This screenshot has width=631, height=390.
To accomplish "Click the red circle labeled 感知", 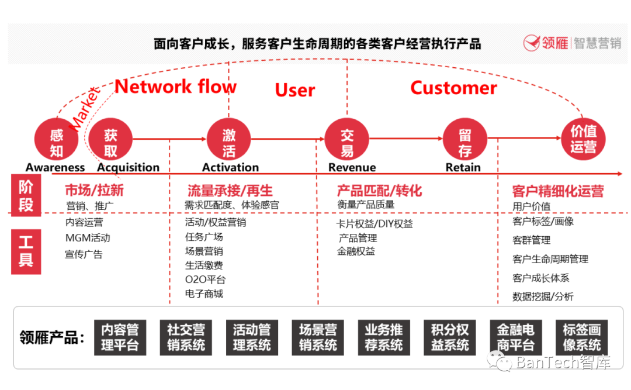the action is click(x=56, y=139).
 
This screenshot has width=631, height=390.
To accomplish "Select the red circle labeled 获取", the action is click(x=110, y=139).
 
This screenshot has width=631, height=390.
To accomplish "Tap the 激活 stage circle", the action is click(x=228, y=139).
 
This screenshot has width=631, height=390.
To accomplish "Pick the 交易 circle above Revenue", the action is click(x=347, y=139).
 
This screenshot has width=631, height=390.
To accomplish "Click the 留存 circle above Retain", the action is click(x=465, y=139).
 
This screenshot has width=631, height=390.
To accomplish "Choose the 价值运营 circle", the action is click(x=583, y=139).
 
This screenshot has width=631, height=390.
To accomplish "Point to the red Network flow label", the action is click(x=176, y=87).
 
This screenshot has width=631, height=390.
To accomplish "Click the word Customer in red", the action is click(x=453, y=88).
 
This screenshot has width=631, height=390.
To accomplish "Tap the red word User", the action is click(x=295, y=90).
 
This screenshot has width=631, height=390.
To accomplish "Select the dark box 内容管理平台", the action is click(x=120, y=337).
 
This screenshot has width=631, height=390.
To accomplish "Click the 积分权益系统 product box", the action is click(x=449, y=337).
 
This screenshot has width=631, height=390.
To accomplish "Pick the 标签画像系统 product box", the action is click(x=581, y=337).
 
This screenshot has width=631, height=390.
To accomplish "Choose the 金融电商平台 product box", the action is click(x=515, y=337).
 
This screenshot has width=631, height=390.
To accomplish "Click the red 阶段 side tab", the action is click(x=26, y=195).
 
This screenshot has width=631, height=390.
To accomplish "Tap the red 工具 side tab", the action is click(x=26, y=252).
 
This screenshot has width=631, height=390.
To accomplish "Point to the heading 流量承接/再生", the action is click(x=230, y=191).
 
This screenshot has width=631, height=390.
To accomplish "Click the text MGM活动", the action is click(x=88, y=238).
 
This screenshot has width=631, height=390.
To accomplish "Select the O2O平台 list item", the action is click(x=205, y=279).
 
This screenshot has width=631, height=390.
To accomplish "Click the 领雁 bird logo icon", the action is click(x=532, y=43).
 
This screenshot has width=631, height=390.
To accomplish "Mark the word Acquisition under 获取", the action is click(x=129, y=167).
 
